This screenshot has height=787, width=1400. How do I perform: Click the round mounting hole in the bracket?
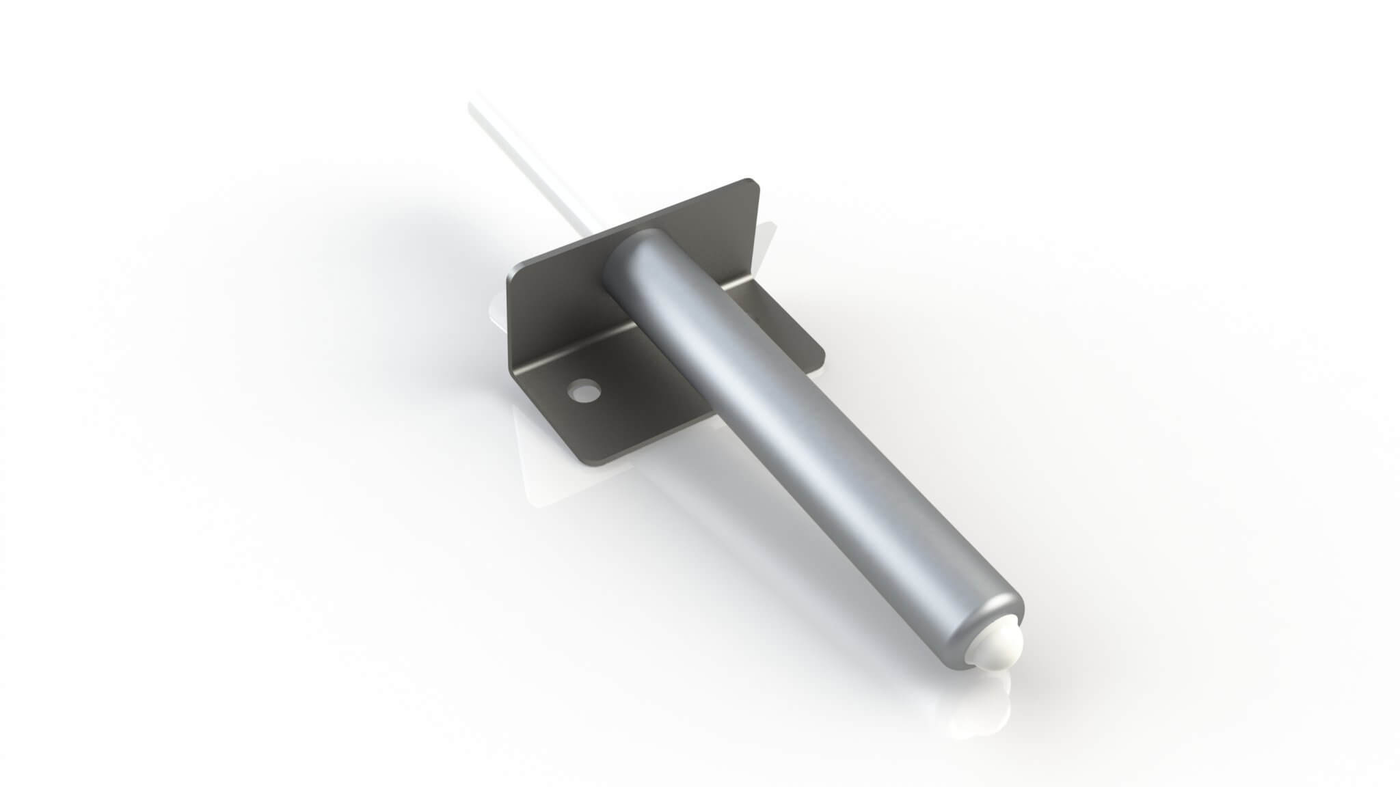[x=583, y=391]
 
